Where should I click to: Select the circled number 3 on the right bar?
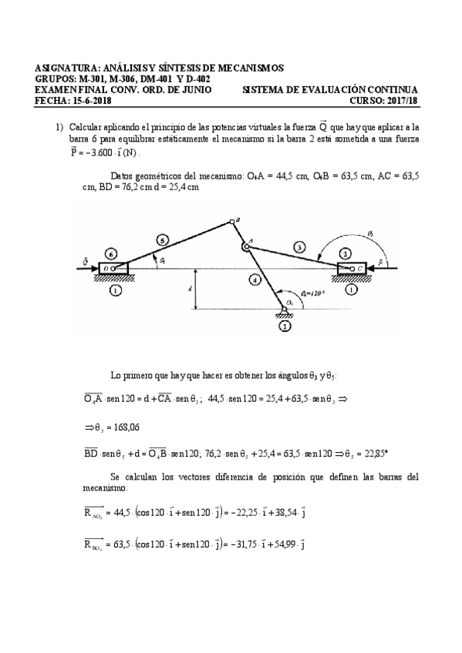click(298, 246)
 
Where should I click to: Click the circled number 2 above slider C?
click(346, 253)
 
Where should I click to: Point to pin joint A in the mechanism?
click(243, 246)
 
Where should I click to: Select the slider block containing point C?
click(352, 268)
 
